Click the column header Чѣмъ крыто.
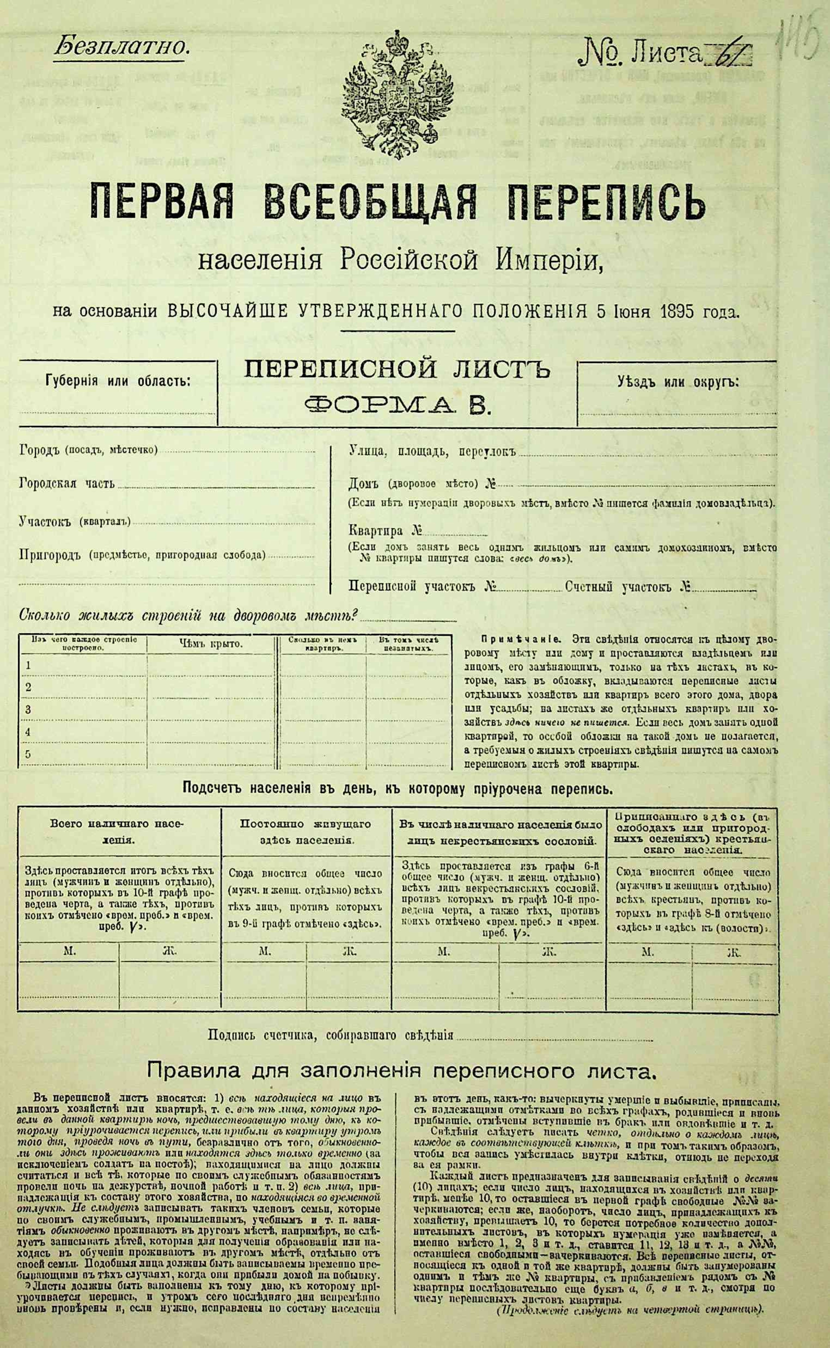210,644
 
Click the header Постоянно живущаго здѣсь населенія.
306,832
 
